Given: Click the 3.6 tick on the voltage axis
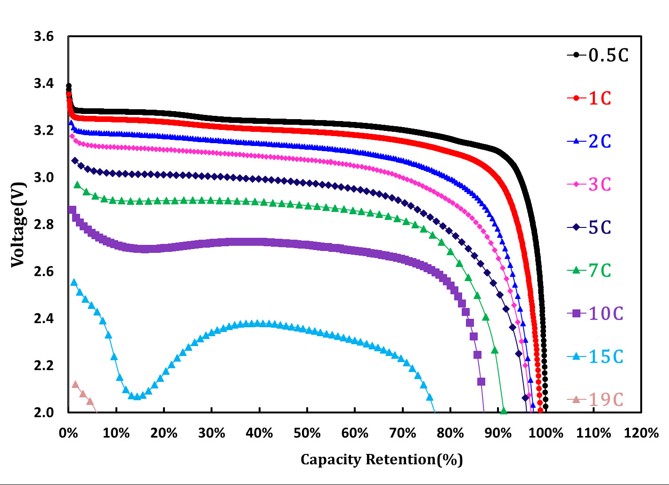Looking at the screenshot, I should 44,37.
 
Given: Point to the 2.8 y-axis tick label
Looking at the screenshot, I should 44,224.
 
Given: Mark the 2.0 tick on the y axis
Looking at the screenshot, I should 44,412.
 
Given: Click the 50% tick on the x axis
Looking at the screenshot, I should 307,433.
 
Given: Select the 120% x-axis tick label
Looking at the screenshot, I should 641,433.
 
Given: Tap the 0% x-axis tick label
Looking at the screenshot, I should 69,433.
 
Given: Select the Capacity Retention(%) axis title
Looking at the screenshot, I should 382,460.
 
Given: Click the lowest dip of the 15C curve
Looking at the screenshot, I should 137,396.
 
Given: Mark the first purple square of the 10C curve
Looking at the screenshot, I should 72,210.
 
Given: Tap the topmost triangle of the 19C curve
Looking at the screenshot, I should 75,384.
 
